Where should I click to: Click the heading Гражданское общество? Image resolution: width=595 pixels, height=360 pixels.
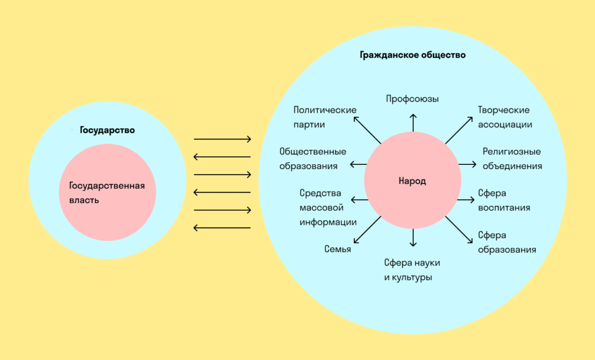413,56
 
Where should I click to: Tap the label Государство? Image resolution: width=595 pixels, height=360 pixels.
107,130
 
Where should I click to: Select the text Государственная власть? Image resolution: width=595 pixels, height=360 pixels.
106,193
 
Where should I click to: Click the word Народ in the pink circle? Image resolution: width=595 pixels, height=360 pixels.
412,181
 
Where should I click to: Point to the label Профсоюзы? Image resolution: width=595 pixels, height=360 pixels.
413,99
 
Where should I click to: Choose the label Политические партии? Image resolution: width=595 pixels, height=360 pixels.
325,117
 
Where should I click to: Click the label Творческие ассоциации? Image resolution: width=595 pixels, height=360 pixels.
504,117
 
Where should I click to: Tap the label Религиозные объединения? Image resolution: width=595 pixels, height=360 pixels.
512,159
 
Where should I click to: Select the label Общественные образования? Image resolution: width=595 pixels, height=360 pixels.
313,159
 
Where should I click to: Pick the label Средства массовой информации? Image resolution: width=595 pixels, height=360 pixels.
328,207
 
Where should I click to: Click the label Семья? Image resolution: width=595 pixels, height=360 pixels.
338,249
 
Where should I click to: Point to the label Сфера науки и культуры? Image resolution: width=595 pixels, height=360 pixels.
412,270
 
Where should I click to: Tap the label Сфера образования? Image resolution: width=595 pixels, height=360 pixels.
507,242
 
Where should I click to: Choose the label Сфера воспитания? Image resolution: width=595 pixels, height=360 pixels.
504,200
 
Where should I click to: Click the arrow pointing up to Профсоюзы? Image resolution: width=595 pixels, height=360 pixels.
413,122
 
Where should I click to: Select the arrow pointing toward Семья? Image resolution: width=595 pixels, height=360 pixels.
367,231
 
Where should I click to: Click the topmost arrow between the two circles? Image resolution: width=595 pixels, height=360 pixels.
222,139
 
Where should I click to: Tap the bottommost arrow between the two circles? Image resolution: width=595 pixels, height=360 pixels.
222,227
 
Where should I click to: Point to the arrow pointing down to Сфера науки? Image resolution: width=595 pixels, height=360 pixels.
413,238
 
